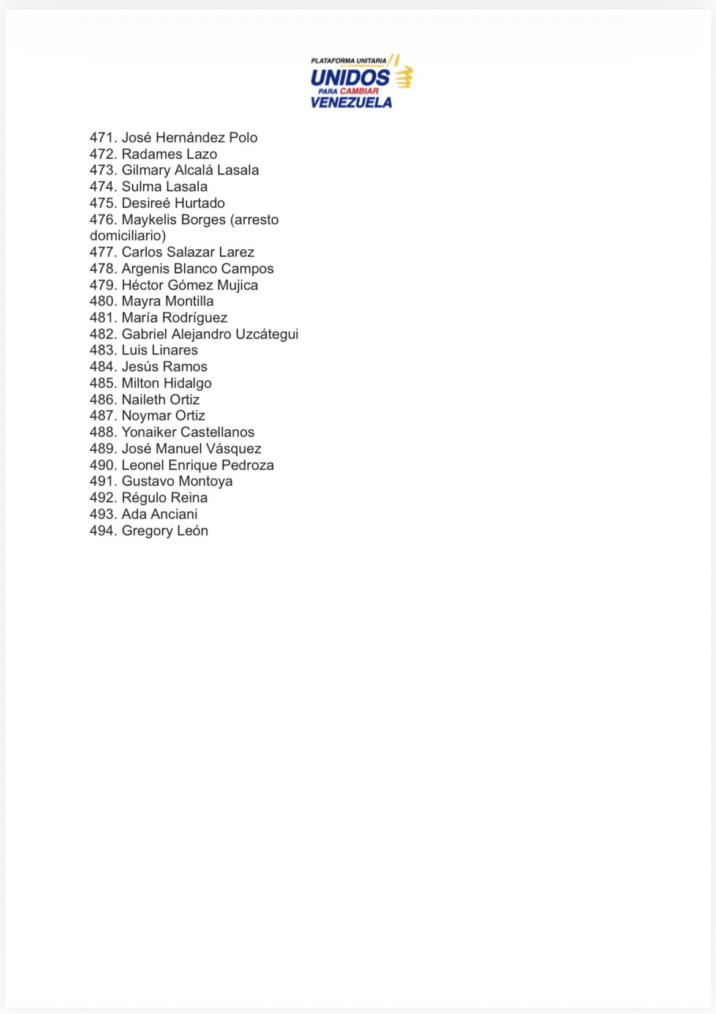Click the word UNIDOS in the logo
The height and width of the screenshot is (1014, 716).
[x=349, y=78]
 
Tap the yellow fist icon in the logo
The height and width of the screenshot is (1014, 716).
[x=403, y=77]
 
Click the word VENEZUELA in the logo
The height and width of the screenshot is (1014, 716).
[x=351, y=102]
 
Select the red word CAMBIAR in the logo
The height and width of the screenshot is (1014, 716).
[x=359, y=91]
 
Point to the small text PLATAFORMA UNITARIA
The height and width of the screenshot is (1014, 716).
[x=348, y=61]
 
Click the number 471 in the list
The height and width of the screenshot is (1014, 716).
[x=103, y=138]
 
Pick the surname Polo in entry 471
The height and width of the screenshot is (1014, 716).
[x=243, y=138]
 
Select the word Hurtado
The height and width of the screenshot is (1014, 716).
[x=200, y=203]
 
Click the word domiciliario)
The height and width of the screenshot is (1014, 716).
[x=128, y=236]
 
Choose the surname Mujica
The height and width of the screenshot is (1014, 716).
[x=237, y=285]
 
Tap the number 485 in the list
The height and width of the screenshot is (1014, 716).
[x=103, y=383]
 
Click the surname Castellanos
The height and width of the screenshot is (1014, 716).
[x=217, y=432]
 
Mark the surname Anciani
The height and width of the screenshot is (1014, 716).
[x=174, y=514]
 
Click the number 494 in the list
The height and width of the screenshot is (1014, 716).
[x=103, y=531]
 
